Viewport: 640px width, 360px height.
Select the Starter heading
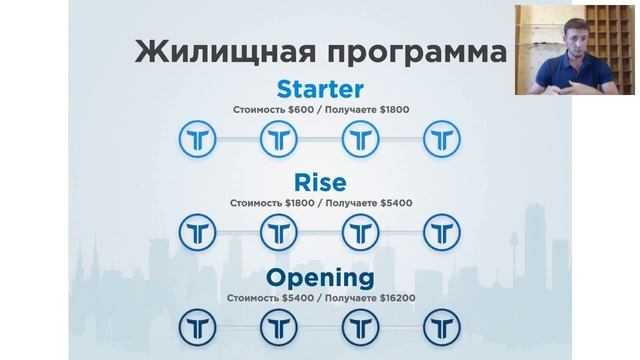(x=320, y=89)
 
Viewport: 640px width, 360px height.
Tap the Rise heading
(x=320, y=183)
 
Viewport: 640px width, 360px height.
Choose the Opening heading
(x=320, y=277)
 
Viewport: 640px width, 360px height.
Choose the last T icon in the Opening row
(x=441, y=326)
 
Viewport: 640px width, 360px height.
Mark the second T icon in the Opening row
(x=279, y=326)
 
